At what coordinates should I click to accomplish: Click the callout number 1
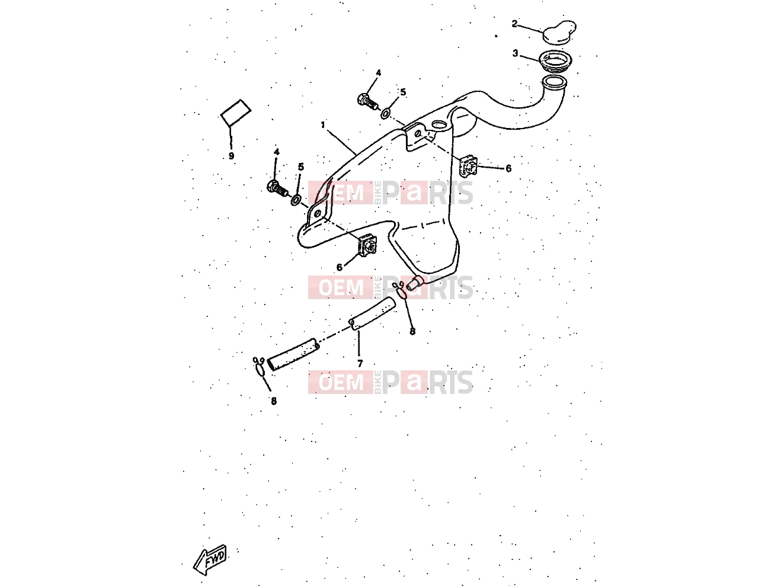(323, 125)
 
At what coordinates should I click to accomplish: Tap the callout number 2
(514, 24)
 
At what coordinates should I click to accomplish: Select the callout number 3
(515, 53)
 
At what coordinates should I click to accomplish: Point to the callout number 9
(231, 156)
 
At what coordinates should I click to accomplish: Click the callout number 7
(360, 364)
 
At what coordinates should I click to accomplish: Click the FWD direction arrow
(210, 559)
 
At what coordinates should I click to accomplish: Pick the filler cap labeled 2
(559, 33)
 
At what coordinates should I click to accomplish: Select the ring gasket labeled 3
(555, 62)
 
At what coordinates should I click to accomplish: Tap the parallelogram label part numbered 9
(236, 113)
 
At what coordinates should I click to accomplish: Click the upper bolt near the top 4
(368, 101)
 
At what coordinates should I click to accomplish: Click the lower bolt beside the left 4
(277, 188)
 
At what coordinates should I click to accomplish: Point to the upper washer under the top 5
(386, 114)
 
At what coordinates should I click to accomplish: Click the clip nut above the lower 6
(367, 245)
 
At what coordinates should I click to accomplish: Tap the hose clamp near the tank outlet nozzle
(400, 290)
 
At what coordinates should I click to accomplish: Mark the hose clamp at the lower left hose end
(260, 367)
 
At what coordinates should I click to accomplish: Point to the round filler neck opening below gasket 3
(553, 83)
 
